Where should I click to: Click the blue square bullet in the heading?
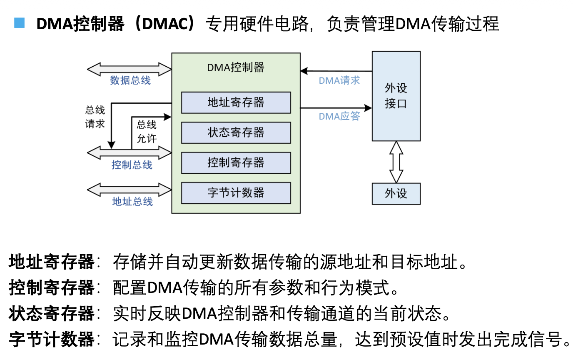pos(19,23)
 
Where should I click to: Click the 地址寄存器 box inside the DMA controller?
pos(236,102)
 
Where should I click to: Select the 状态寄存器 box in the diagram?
pos(236,132)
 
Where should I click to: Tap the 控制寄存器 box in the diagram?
pos(236,162)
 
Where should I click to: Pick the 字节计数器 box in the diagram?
pos(236,193)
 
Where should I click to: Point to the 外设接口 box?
pos(396,96)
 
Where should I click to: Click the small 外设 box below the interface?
pos(396,194)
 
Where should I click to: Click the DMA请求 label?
pos(339,80)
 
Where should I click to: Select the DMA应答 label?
pos(339,116)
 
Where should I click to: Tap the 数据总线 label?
pos(130,80)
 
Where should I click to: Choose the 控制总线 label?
pos(132,165)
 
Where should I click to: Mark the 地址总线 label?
pos(132,202)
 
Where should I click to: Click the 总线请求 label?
pos(95,117)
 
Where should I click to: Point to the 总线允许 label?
pos(147,132)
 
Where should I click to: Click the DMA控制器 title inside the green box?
pos(236,67)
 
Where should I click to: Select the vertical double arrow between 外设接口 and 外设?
pos(396,162)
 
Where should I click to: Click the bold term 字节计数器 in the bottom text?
pos(52,340)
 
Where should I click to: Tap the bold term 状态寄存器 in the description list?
pos(52,314)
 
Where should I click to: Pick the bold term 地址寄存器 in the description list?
pos(52,262)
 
